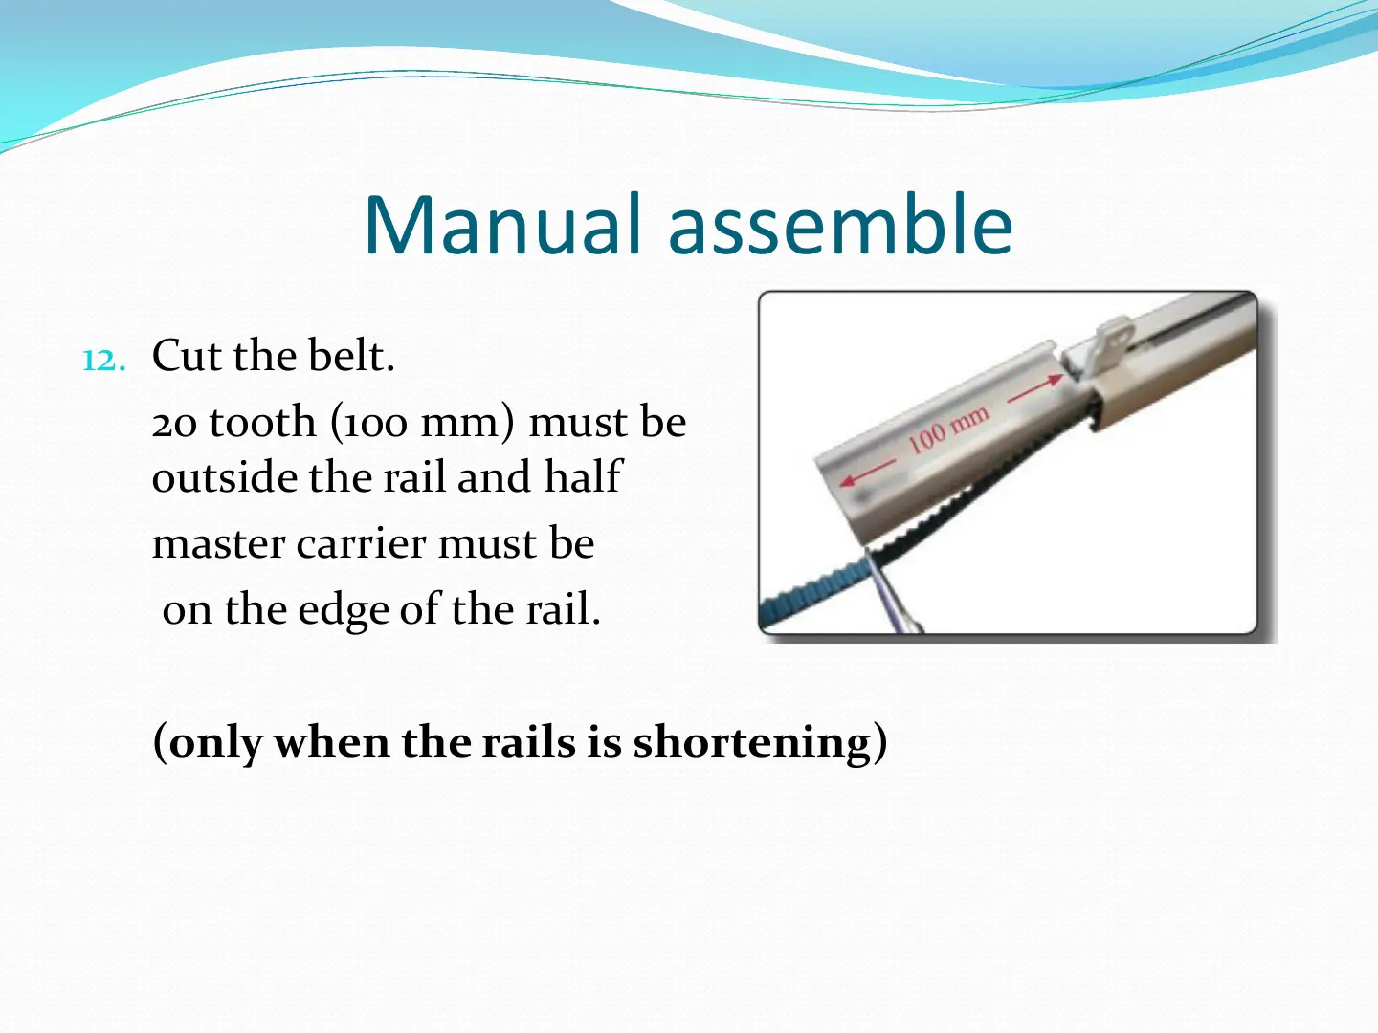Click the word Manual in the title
(502, 225)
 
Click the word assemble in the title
(840, 225)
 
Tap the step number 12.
(103, 361)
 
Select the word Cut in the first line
(187, 356)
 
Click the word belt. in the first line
(351, 356)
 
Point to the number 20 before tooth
(174, 424)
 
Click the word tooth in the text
(262, 421)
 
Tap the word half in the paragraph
(583, 476)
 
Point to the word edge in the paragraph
(344, 610)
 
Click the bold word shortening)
(760, 743)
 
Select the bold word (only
(207, 743)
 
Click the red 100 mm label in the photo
(948, 429)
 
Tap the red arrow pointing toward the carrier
(1035, 389)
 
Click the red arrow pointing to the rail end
(867, 473)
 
